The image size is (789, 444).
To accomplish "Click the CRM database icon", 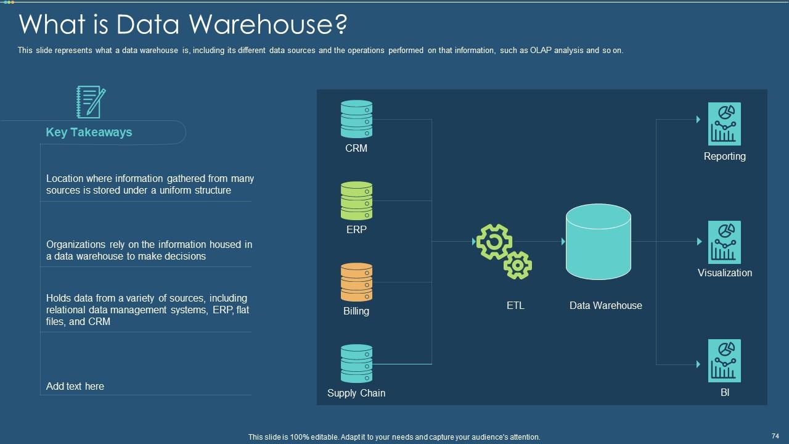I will coord(356,119).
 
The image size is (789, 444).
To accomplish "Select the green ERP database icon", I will coord(356,200).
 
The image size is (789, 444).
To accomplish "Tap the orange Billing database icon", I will coord(356,282).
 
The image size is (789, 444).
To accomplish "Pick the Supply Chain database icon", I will coord(356,363).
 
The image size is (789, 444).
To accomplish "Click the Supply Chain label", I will coord(356,393).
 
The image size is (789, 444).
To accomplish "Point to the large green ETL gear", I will coord(494,242).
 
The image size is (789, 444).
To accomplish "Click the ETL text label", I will coord(515,305).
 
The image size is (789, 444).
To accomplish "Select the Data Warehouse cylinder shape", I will coord(598,242).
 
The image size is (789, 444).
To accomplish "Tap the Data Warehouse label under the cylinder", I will coord(605,305).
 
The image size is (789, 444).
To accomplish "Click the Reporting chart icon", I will coord(724,124).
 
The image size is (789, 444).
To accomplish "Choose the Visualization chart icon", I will coord(724,242).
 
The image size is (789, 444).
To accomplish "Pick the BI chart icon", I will coord(724,361).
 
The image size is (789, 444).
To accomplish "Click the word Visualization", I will coord(724,273).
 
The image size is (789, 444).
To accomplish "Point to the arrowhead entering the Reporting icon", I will coord(698,120).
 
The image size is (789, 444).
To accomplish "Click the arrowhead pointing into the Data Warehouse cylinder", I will coord(563,242).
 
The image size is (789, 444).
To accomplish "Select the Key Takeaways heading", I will coord(89,132).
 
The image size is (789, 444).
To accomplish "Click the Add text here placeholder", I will coord(75,386).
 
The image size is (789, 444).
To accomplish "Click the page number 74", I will coord(775,435).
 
